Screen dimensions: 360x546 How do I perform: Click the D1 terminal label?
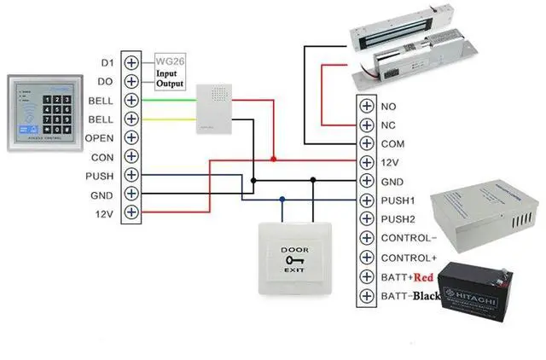tap(107, 63)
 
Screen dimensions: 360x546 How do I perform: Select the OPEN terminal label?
tap(101, 137)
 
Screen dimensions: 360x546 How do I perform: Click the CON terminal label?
tap(102, 157)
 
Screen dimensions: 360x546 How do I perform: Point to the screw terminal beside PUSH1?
tap(367, 201)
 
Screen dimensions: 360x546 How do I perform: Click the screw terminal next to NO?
tap(367, 107)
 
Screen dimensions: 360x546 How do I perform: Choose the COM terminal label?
tap(392, 144)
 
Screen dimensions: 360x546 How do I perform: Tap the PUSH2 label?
tap(397, 220)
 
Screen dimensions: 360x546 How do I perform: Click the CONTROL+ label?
tap(409, 258)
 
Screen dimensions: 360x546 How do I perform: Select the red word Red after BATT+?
tap(427, 276)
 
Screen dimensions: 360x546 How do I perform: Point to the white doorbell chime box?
tap(209, 109)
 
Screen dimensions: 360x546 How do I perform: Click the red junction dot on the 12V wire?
tap(273, 158)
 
